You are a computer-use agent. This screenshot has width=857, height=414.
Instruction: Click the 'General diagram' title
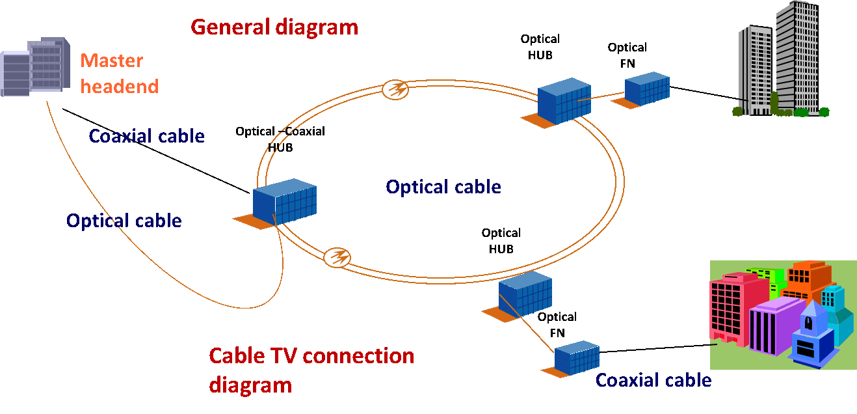(274, 27)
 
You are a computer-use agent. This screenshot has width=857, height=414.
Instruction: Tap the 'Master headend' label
(120, 74)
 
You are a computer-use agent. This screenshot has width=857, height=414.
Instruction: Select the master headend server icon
(35, 66)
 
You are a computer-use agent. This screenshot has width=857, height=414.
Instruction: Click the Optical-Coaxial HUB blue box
(284, 202)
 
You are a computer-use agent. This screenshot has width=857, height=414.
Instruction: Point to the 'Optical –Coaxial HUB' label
(280, 139)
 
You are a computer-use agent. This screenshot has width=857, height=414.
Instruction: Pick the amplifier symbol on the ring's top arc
(395, 90)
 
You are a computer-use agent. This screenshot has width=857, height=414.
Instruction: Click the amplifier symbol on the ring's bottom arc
(337, 257)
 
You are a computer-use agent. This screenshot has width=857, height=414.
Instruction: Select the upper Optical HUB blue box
(564, 101)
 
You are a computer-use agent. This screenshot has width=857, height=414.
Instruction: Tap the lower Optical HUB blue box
(525, 294)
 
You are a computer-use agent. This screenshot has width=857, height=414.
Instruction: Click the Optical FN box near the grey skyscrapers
(647, 89)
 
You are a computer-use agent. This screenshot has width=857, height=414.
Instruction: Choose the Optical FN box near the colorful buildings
(577, 358)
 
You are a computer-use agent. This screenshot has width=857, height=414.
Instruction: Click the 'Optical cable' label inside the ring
(443, 187)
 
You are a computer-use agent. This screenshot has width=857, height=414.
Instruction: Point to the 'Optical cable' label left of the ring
(124, 221)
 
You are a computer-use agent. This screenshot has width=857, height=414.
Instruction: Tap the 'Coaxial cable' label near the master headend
(146, 136)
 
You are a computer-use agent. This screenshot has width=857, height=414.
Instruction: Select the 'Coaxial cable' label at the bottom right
(653, 380)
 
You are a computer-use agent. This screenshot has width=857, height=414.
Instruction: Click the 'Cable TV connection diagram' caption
(311, 370)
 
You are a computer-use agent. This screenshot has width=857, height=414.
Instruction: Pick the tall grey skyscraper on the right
(797, 57)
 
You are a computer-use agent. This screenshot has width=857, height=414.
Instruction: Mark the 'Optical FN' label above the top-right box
(627, 55)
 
